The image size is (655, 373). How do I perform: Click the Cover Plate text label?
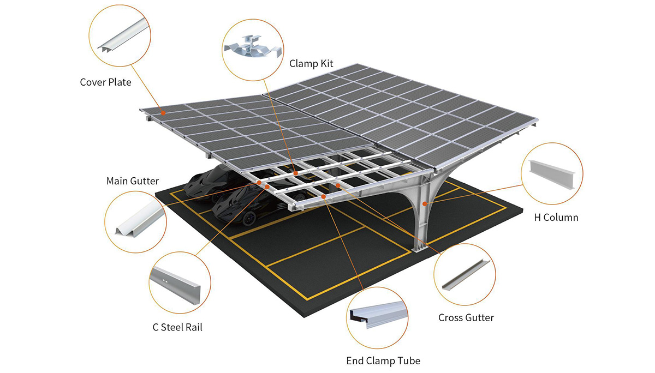pyautogui.click(x=105, y=82)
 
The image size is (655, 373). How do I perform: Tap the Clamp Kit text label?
pyautogui.click(x=311, y=64)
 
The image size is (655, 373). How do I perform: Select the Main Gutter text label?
pyautogui.click(x=133, y=181)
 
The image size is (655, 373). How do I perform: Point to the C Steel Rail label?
pyautogui.click(x=177, y=327)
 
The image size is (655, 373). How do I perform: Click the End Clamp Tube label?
pyautogui.click(x=383, y=361)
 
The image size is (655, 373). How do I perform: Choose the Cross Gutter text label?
pyautogui.click(x=466, y=317)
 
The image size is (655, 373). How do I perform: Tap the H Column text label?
pyautogui.click(x=556, y=218)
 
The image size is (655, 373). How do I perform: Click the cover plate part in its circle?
pyautogui.click(x=123, y=35)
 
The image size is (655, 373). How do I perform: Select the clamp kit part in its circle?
pyautogui.click(x=253, y=47)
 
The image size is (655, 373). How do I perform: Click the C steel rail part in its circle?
pyautogui.click(x=175, y=285)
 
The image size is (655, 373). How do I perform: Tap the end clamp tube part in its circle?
pyautogui.click(x=379, y=315)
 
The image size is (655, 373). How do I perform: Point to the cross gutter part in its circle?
pyautogui.click(x=466, y=274)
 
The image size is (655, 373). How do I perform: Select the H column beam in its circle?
pyautogui.click(x=551, y=175)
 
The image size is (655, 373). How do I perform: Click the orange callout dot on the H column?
pyautogui.click(x=425, y=203)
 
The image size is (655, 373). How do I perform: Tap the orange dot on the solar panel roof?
pyautogui.click(x=163, y=113)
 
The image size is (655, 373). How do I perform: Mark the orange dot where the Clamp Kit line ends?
pyautogui.click(x=296, y=173)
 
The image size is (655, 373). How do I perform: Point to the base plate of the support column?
pyautogui.click(x=420, y=249)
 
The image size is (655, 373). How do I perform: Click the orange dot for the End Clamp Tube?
pyautogui.click(x=323, y=196)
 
